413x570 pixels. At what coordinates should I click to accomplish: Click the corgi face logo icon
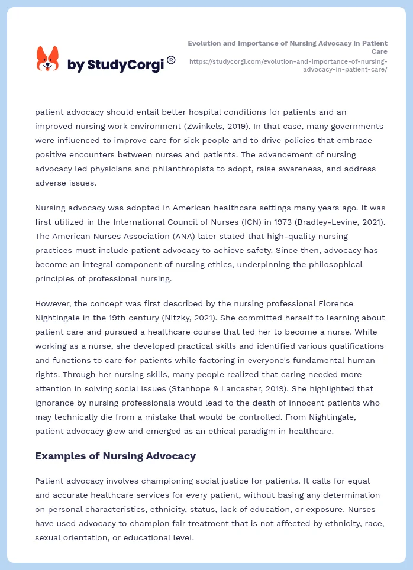point(48,59)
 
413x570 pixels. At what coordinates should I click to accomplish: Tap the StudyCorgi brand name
point(115,65)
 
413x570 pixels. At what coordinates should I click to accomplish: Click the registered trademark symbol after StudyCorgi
point(171,60)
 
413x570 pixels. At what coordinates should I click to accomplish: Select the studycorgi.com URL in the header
point(288,65)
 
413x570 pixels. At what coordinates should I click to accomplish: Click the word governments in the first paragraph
point(357,126)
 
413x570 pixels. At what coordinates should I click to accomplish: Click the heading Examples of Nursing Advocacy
point(115,456)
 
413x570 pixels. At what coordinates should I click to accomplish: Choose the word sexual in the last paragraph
point(49,537)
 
